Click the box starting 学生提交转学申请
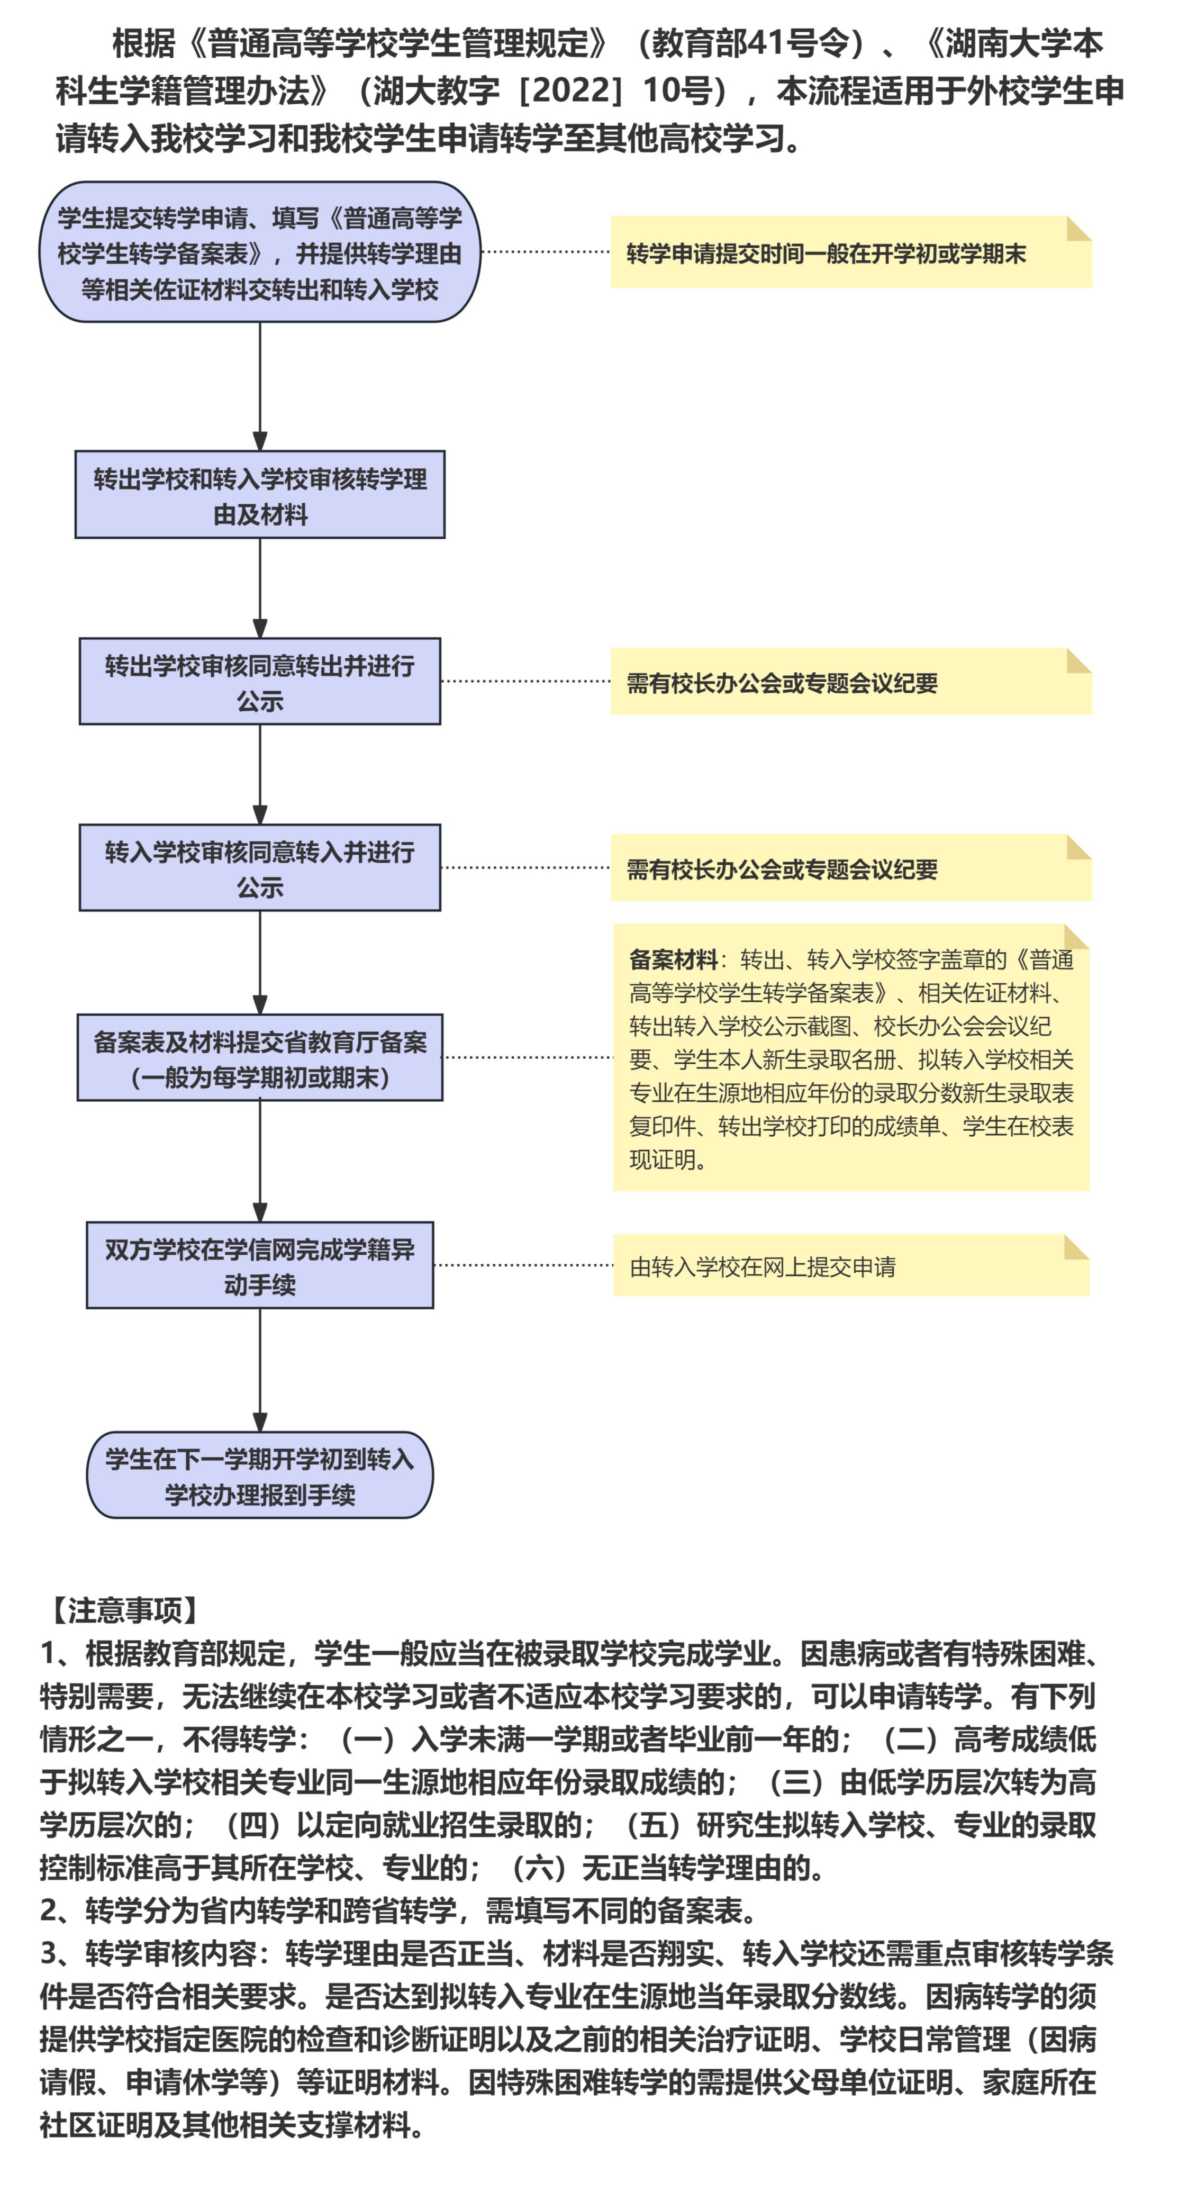(x=260, y=252)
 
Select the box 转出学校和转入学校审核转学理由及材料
(x=260, y=495)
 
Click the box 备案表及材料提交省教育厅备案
(x=260, y=1058)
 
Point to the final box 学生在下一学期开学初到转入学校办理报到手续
(x=260, y=1475)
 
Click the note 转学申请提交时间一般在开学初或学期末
(x=851, y=252)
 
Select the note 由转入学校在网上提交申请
(x=851, y=1265)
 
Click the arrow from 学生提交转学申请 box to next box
(x=260, y=387)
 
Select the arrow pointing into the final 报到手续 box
(x=260, y=1370)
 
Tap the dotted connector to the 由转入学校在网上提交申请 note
(x=523, y=1265)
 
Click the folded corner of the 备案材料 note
(x=1076, y=937)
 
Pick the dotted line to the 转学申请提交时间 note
(x=546, y=252)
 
